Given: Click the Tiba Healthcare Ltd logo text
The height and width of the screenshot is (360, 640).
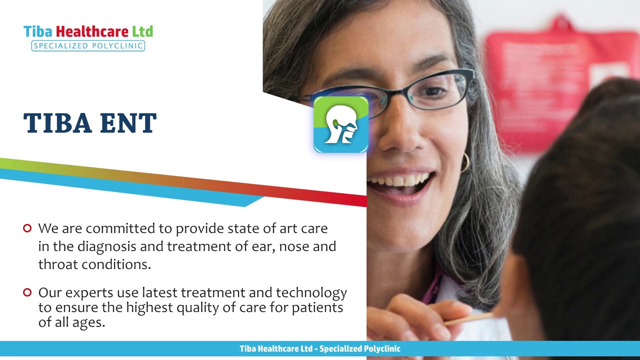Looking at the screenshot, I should click(x=88, y=32).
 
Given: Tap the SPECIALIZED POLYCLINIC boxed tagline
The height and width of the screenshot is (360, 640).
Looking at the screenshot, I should click(x=88, y=46).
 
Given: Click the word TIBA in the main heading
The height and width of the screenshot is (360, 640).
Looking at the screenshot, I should click(x=57, y=123).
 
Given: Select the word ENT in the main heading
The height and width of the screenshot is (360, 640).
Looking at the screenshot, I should click(x=128, y=123).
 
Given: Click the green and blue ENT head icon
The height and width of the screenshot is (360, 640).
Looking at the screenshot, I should click(x=341, y=124).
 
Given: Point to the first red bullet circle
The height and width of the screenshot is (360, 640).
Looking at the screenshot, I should click(x=27, y=228).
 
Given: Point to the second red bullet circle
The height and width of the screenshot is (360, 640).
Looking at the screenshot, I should click(x=27, y=292).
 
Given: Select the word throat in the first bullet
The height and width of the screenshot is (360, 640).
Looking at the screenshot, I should click(x=58, y=264).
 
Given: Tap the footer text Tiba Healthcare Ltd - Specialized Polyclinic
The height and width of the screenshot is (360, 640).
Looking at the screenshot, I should click(x=320, y=348).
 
